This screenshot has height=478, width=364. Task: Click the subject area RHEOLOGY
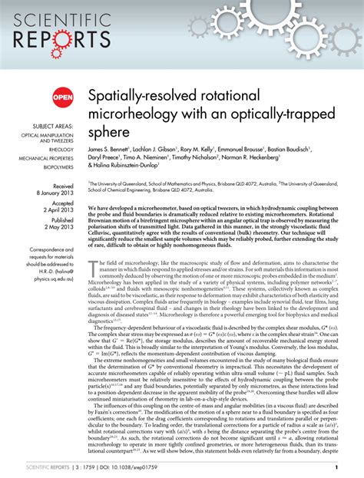tap(62, 150)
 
